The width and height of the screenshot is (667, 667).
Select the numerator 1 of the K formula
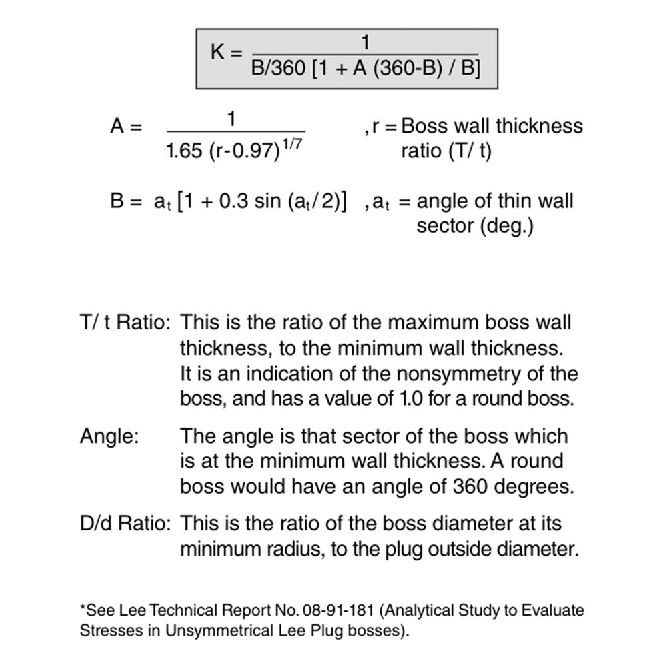click(365, 43)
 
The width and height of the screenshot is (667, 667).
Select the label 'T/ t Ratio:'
click(125, 323)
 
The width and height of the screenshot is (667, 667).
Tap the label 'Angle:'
click(109, 437)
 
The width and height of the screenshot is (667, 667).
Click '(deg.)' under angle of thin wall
click(475, 225)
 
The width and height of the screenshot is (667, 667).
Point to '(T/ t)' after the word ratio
click(468, 151)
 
